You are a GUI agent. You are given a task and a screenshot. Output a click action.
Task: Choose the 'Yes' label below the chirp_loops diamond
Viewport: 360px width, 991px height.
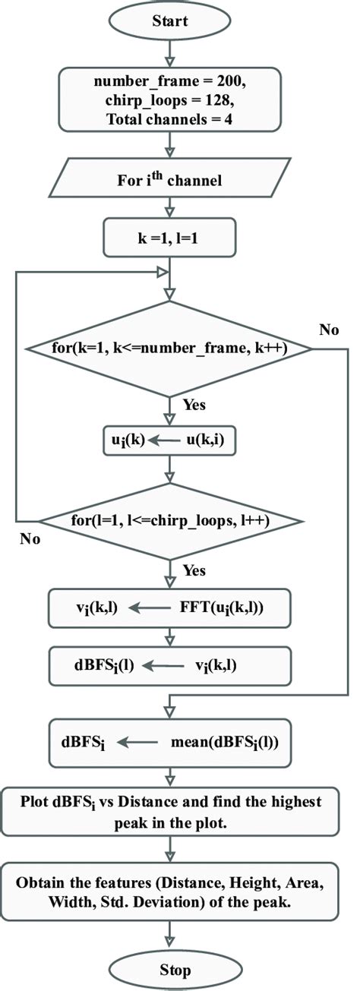(194, 570)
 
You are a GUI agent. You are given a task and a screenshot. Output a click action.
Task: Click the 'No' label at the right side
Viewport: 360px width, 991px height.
(330, 330)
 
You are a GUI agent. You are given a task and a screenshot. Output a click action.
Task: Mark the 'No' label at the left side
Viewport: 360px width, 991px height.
(30, 541)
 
